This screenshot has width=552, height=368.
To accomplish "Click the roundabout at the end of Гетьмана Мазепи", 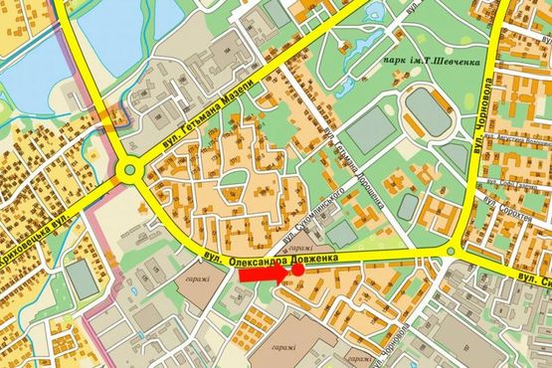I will (130, 171).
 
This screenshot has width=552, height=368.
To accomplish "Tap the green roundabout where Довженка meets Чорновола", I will (452, 251).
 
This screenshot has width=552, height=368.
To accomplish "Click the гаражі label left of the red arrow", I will (196, 279).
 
